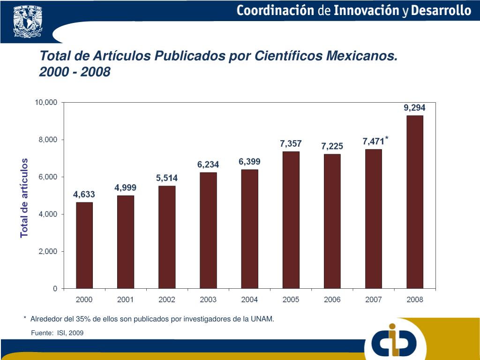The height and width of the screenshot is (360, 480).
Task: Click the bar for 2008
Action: pos(415,202)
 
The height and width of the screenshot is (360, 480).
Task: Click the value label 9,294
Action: pos(415,107)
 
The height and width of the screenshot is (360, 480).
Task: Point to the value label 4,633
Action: pos(84,194)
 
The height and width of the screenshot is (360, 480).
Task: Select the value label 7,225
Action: pos(332,146)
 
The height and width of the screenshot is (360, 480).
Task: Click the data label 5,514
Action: pos(167,178)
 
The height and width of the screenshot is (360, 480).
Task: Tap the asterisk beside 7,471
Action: pos(387,138)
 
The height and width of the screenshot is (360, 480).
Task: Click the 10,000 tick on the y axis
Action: pos(46,102)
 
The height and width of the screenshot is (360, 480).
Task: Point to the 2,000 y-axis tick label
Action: pos(48,251)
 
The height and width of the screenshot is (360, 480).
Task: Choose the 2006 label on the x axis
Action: pos(332,300)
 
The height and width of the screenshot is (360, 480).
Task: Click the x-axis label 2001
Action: pos(126,300)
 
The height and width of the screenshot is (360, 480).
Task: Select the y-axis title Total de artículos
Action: pos(24,198)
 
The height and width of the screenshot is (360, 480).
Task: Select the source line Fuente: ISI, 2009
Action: pos(57,333)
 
